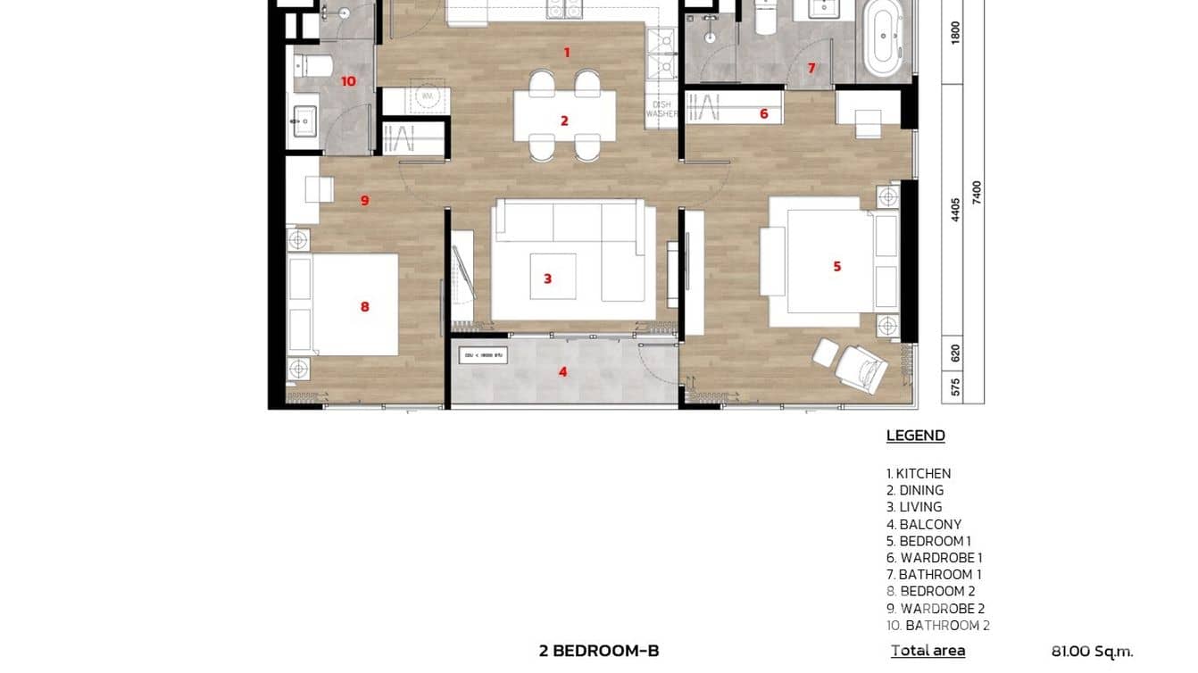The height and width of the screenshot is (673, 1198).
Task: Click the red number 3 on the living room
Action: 547,278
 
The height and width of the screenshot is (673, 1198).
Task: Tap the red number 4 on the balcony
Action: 562,371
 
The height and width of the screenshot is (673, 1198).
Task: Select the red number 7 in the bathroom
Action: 811,68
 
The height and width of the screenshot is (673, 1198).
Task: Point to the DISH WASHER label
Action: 661,108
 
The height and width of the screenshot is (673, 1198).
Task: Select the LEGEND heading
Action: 915,436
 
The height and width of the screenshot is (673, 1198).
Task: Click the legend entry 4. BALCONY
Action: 923,524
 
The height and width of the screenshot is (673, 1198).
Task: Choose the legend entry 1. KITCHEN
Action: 919,474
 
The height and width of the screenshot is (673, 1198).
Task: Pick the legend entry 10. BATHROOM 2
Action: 937,626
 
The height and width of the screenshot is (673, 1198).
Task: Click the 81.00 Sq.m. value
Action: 1092,652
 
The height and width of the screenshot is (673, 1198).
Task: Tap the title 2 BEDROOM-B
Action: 599,651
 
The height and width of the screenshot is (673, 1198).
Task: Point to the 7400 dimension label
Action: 977,192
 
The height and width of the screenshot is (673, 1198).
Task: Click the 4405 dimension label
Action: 955,209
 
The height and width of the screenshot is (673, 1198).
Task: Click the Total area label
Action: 928,651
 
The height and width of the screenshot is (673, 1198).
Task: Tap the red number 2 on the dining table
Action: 564,121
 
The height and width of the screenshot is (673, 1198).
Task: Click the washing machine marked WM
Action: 427,95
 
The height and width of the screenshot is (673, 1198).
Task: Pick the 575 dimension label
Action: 955,387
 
